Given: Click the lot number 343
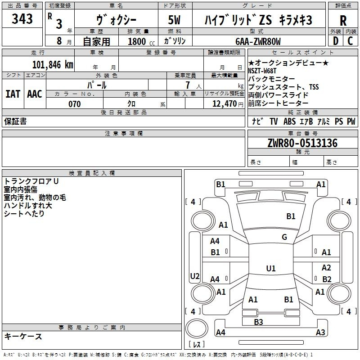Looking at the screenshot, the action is (x=22, y=18).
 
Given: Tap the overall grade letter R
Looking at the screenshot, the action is (x=343, y=21).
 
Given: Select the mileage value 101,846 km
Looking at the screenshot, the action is (x=53, y=65).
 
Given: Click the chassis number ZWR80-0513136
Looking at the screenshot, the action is (x=302, y=143).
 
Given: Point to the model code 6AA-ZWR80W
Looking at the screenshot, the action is (x=258, y=41).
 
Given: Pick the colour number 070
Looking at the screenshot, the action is (x=75, y=104).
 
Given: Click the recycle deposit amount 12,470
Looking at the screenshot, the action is (x=224, y=104).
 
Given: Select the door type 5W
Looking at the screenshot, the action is (x=174, y=20).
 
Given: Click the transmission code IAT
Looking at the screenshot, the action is (x=13, y=94).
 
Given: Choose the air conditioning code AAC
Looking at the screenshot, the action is (x=35, y=94).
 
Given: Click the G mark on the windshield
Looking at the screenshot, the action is (x=284, y=237).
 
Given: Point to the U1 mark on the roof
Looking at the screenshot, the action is (x=271, y=268).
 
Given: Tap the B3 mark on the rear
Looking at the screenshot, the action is (x=258, y=322).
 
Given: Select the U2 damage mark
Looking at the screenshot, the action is (x=195, y=276).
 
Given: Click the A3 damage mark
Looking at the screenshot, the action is (x=320, y=332).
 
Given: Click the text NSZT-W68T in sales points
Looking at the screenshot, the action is (x=262, y=71).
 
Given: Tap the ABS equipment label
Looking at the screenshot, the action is (x=289, y=121).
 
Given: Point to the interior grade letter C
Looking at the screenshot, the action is (x=350, y=41).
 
